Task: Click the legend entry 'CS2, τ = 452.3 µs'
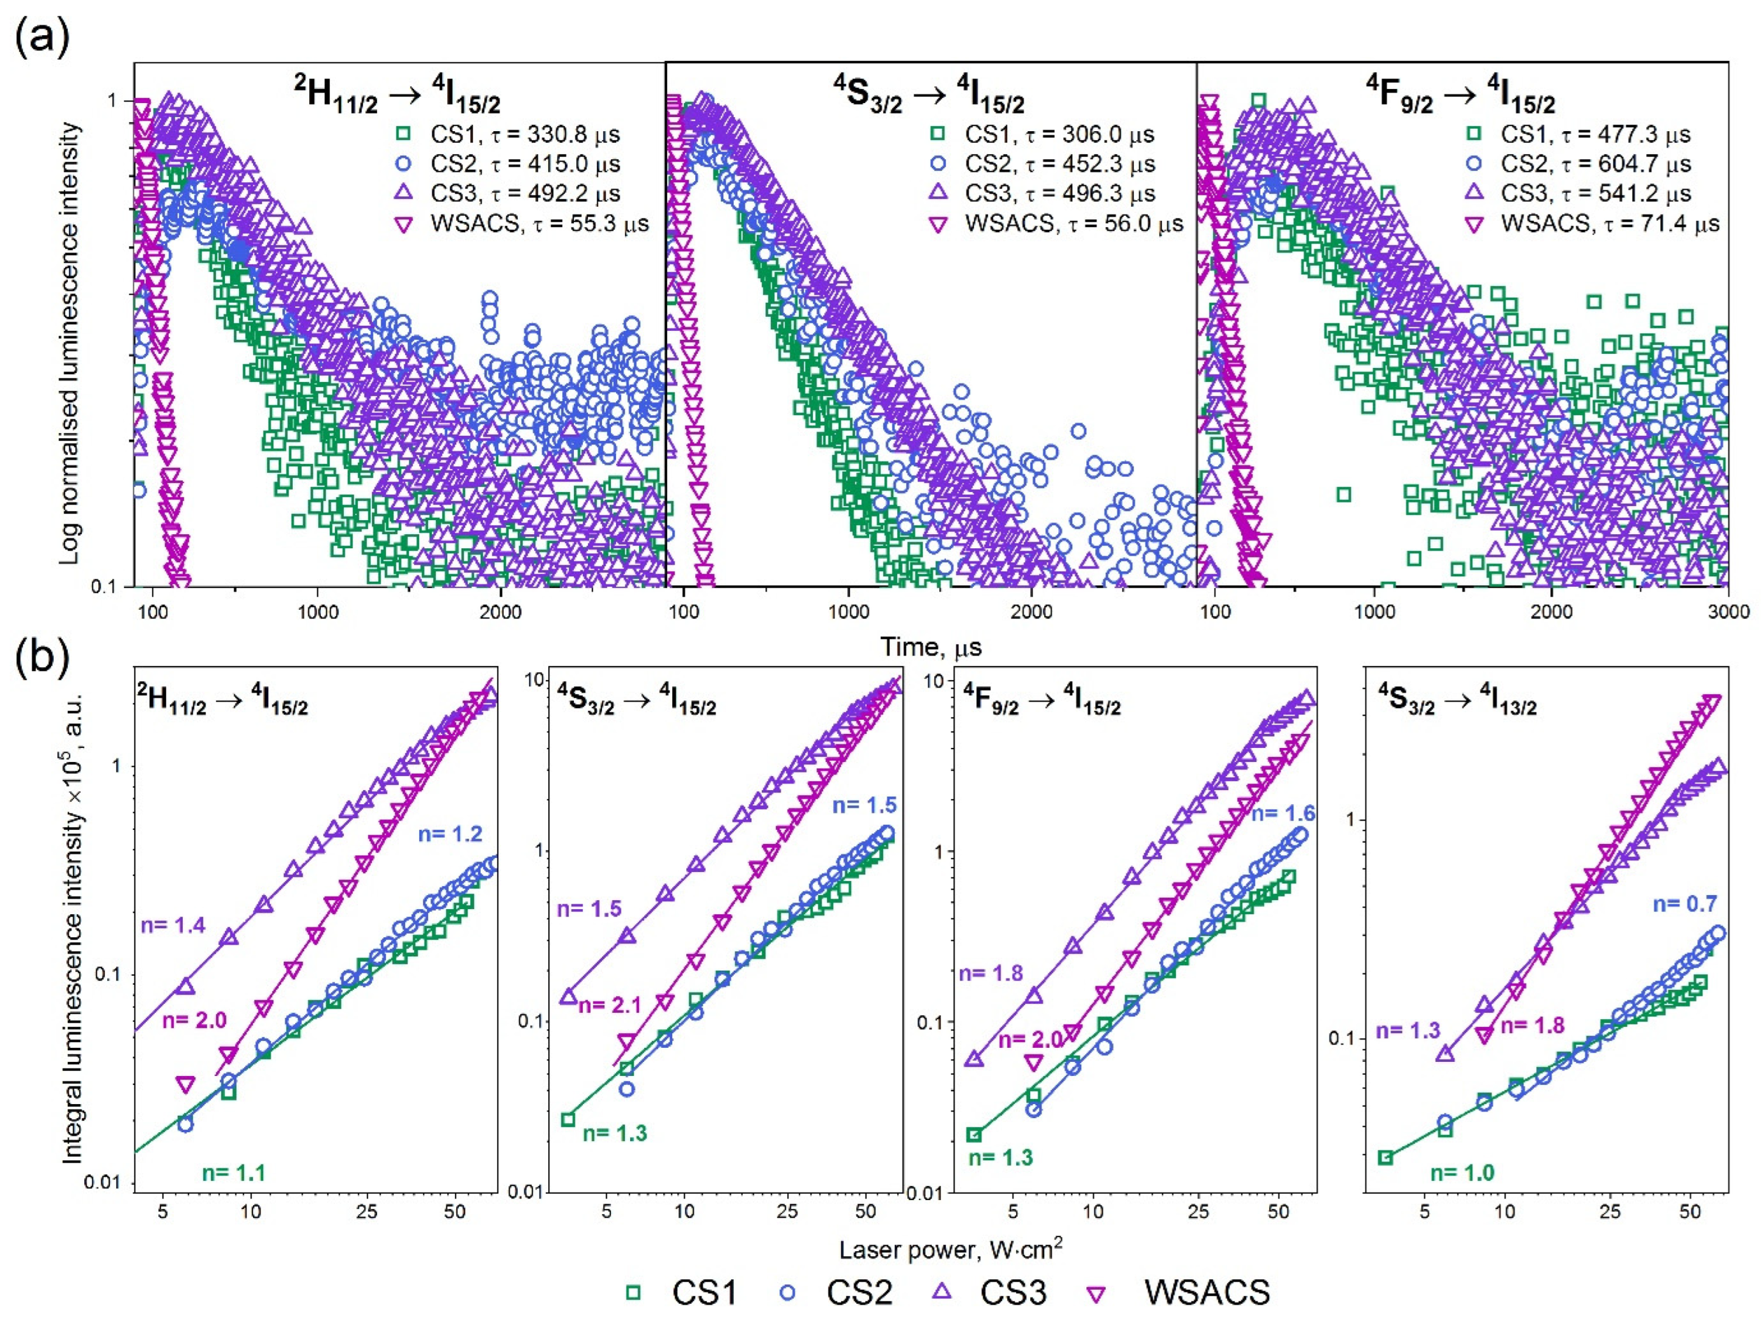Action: pos(1059,165)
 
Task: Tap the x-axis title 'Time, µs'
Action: pos(931,647)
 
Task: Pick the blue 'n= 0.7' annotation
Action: pos(1684,904)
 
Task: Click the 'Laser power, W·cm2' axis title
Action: pos(950,1250)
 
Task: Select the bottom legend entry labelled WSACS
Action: pos(1206,1292)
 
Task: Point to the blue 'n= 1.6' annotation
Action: pos(1283,814)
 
